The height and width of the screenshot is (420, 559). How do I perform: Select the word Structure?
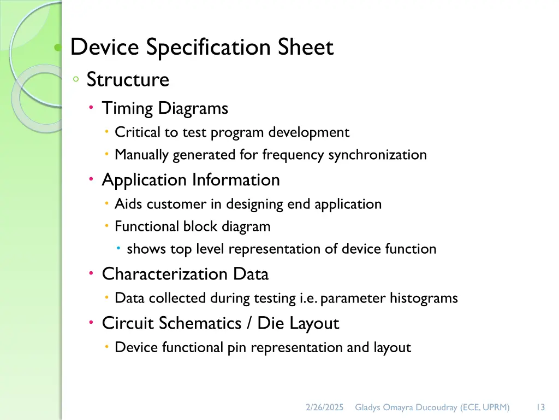(x=128, y=80)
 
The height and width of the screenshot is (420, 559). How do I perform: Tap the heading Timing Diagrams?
(x=165, y=108)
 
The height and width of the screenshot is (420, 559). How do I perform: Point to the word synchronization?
(x=377, y=155)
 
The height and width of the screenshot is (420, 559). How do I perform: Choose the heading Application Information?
(x=191, y=180)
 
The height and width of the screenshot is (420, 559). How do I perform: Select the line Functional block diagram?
(x=192, y=226)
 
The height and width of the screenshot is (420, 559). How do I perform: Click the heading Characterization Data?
(x=185, y=274)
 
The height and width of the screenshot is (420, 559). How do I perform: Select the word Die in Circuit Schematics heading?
(x=271, y=324)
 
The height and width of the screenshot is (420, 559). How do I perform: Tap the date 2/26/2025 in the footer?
(x=324, y=407)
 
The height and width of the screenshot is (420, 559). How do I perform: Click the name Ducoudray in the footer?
(x=438, y=407)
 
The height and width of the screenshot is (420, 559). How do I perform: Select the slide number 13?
(x=540, y=407)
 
